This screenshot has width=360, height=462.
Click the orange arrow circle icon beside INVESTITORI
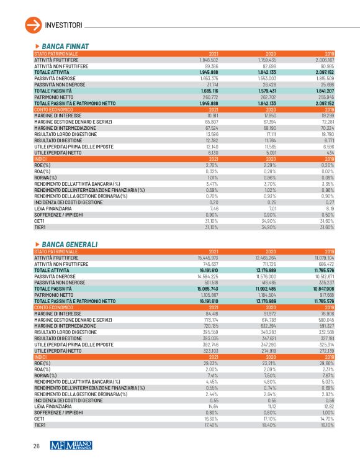(31, 24)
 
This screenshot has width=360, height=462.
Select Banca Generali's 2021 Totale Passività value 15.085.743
(208, 288)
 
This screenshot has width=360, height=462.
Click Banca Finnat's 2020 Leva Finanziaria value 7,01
(271, 191)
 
